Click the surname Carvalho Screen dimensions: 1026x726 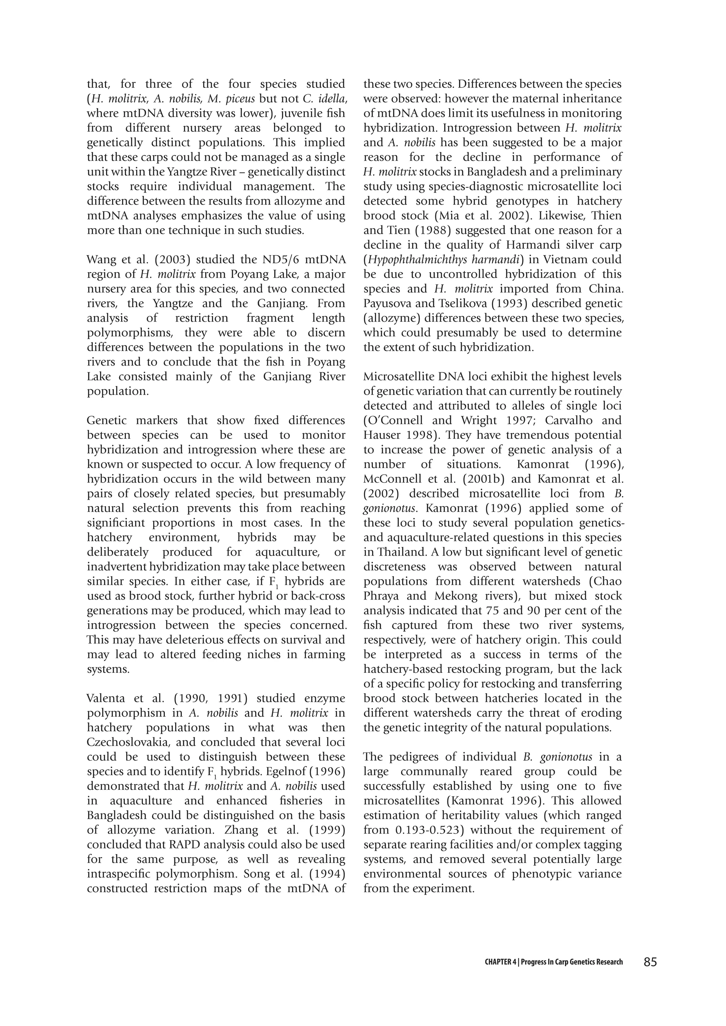(x=557, y=421)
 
